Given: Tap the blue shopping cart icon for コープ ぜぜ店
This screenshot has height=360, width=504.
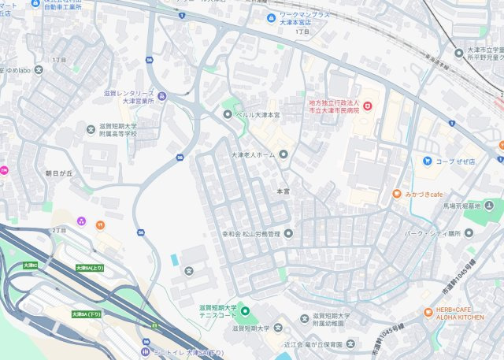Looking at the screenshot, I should coord(428,161).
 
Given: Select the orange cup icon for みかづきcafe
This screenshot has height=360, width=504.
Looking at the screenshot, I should coord(399,193).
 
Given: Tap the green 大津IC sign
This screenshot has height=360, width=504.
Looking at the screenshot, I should coord(31,265).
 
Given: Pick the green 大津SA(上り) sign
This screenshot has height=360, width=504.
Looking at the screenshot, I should coord(89,269).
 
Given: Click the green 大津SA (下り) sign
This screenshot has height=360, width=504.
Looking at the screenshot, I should coord(86,314).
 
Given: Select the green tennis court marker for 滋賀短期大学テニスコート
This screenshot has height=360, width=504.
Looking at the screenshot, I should coord(243,311).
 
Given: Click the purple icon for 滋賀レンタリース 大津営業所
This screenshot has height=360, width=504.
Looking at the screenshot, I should coord(161,97).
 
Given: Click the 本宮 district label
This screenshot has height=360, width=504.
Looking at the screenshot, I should coord(283,191).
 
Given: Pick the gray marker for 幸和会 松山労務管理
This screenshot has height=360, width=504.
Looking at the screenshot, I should coord(288,233).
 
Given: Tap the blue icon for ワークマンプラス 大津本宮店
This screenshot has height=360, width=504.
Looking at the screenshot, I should coord(272,17).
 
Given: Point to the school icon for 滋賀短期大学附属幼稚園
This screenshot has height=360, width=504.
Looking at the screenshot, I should coord(305,317).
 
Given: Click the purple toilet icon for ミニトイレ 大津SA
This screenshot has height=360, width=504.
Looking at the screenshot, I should coord(145,351).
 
